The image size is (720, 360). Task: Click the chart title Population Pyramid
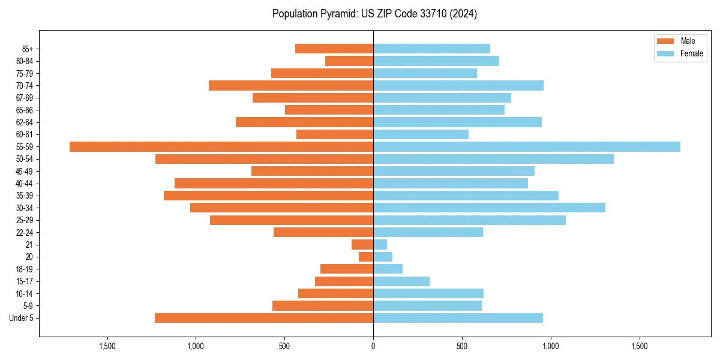point(374,14)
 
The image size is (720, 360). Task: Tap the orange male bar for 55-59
point(221,146)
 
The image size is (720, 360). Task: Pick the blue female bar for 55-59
point(527,146)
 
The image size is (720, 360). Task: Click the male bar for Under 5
point(264,318)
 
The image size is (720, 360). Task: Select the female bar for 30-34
point(489,208)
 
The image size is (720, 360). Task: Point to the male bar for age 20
point(366,257)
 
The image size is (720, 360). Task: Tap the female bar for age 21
point(380,244)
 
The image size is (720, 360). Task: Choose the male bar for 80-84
point(349,61)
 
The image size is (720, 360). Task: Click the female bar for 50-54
point(493,159)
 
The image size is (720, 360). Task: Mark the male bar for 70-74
point(291,85)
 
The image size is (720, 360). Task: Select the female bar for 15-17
point(401,281)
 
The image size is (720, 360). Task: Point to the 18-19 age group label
point(24,269)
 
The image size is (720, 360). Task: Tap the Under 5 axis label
point(21,318)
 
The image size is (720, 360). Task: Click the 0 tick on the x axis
point(373,346)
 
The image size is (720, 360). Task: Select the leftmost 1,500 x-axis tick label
point(107,346)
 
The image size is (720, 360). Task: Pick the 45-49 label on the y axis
point(24,171)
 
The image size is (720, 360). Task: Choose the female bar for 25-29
point(469,220)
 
